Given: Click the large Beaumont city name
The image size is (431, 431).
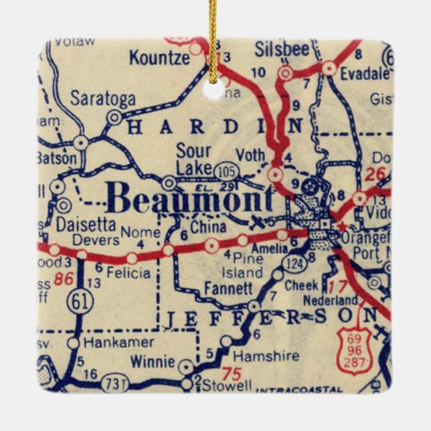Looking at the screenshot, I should [x=190, y=199].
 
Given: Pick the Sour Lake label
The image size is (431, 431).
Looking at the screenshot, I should [x=194, y=159].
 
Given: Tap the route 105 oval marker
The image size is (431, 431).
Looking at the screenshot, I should [x=226, y=173].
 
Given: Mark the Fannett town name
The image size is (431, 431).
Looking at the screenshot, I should [x=229, y=288].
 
